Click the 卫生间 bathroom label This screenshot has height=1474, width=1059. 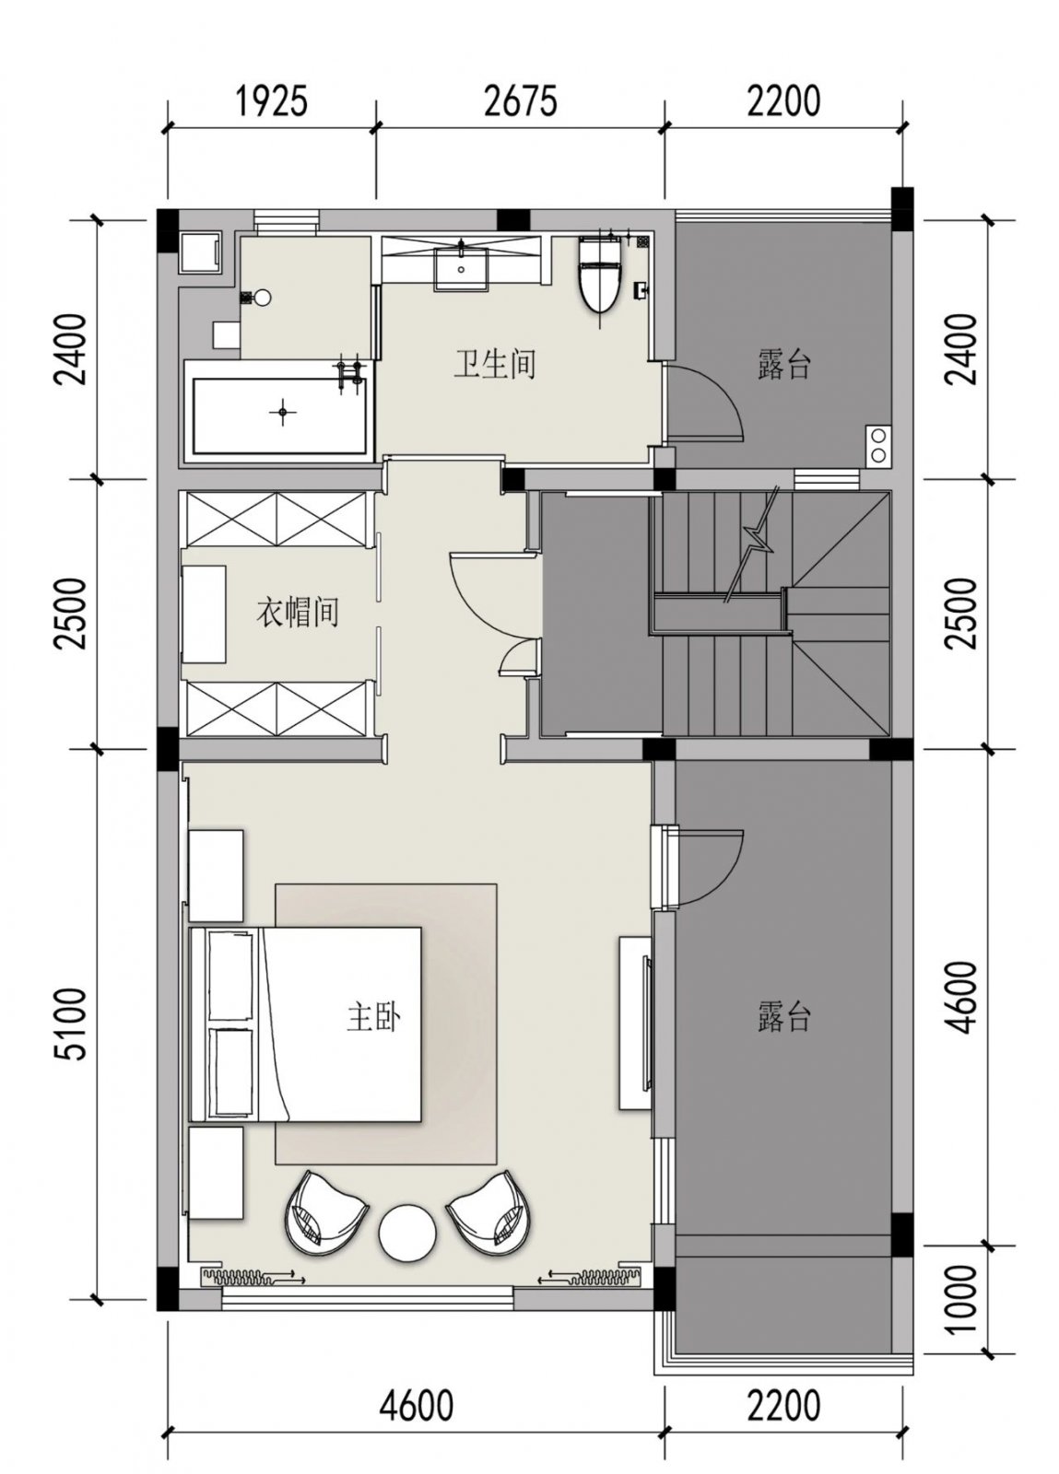point(494,364)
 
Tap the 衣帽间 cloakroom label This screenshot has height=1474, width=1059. point(298,612)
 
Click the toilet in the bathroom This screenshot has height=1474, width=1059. point(598,275)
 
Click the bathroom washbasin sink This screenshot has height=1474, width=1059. point(461,266)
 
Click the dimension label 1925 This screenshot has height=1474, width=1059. point(272,101)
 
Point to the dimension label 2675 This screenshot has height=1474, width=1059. point(521,101)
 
